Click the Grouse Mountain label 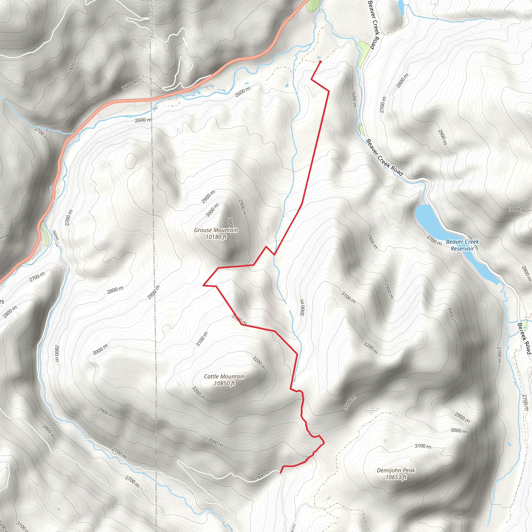point(216,230)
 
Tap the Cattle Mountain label point(224,376)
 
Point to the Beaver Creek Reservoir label point(462,245)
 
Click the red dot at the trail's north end point(320,62)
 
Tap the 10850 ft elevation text point(224,383)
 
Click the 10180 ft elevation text point(216,237)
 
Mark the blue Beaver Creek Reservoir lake point(430,220)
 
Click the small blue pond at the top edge point(401,7)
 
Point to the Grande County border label point(152,19)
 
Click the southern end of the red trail point(280,473)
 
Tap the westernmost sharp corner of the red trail point(203,285)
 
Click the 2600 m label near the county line point(143,120)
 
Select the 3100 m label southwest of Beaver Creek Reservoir point(348,297)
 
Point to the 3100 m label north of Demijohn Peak point(423,446)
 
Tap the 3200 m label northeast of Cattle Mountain point(259,363)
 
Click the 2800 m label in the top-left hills point(73,65)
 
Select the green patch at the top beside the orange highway point(313,5)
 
